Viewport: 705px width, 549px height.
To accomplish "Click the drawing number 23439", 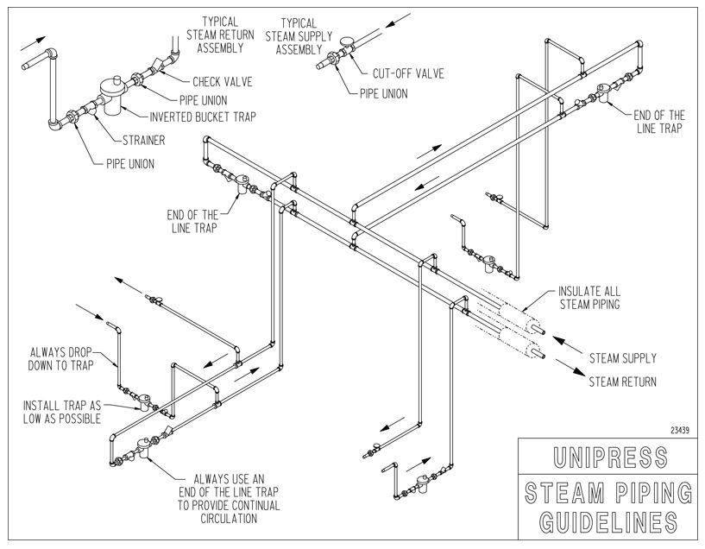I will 679,428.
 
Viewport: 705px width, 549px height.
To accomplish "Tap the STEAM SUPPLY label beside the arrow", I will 622,357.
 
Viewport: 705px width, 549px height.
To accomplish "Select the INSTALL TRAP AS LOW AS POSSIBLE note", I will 61,412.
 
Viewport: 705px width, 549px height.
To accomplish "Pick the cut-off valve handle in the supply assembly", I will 346,40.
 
